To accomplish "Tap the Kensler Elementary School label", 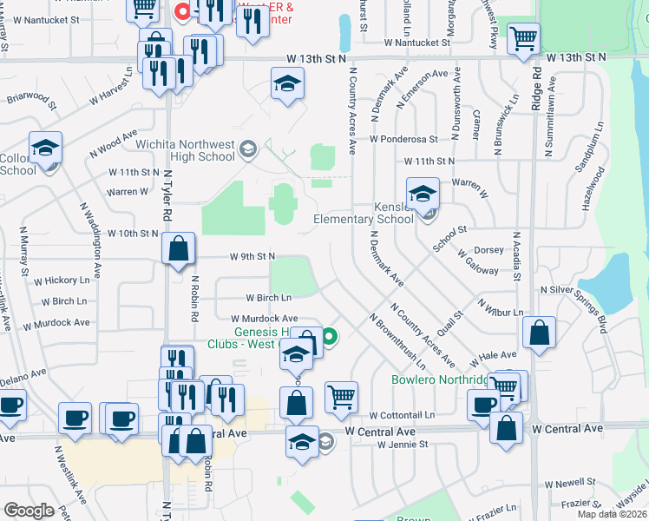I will pos(364,214).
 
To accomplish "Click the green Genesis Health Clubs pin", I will pos(330,335).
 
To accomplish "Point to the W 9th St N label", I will pos(252,256).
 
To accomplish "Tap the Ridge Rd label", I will pos(537,87).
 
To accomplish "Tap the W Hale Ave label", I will pos(495,356).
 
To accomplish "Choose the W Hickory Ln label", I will pos(62,280).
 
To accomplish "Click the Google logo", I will pos(28,511).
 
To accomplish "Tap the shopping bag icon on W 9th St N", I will pos(178,249).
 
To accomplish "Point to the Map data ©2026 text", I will pos(613,514).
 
